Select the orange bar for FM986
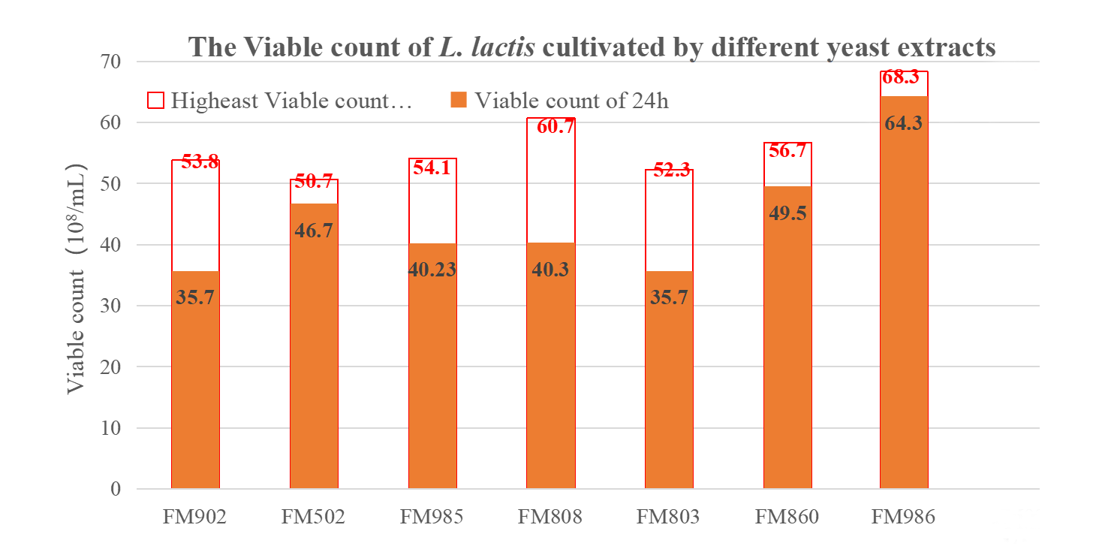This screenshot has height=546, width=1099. [903, 300]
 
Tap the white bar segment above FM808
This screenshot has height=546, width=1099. [550, 188]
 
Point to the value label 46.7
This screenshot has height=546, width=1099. [314, 231]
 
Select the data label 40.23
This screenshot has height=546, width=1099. [432, 270]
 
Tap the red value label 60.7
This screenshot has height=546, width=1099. [555, 126]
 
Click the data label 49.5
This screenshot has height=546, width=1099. [787, 213]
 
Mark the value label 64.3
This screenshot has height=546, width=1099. [903, 123]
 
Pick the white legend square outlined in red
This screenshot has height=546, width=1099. [155, 100]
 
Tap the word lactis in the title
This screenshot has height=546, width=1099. [500, 47]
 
